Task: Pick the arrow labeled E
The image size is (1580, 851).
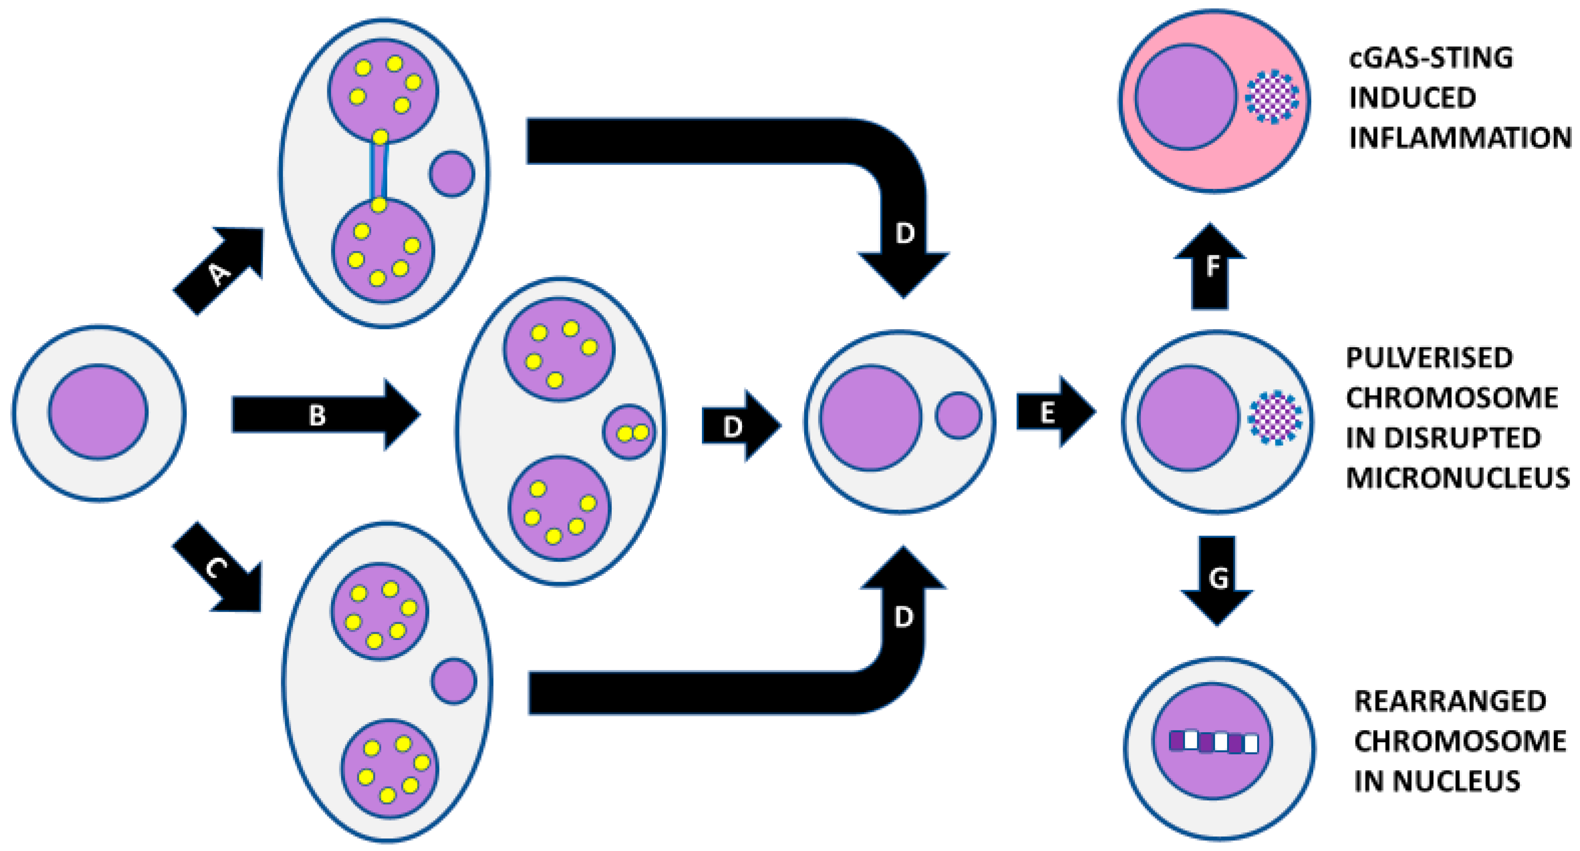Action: (x=1052, y=412)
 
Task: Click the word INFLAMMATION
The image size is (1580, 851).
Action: (x=1460, y=137)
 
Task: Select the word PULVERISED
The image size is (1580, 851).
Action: (x=1429, y=358)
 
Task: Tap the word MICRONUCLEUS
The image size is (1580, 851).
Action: (x=1457, y=478)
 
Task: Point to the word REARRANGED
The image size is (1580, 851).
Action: (x=1450, y=701)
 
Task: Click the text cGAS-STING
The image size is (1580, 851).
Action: (x=1430, y=57)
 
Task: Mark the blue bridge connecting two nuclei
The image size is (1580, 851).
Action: (x=379, y=171)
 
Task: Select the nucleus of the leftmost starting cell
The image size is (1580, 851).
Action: (x=98, y=412)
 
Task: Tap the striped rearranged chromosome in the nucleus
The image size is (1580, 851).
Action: (x=1213, y=742)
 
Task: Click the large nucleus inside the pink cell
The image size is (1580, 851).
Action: (x=1185, y=97)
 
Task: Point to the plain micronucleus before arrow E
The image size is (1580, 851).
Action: (x=958, y=415)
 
